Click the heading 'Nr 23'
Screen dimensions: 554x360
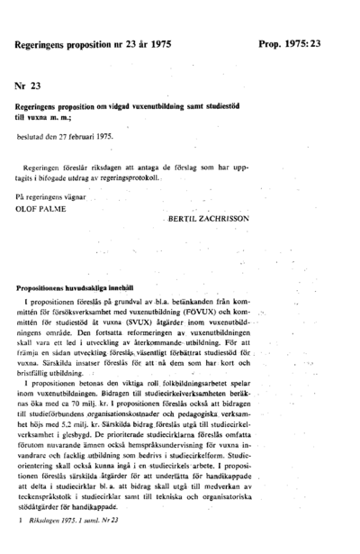29,86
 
